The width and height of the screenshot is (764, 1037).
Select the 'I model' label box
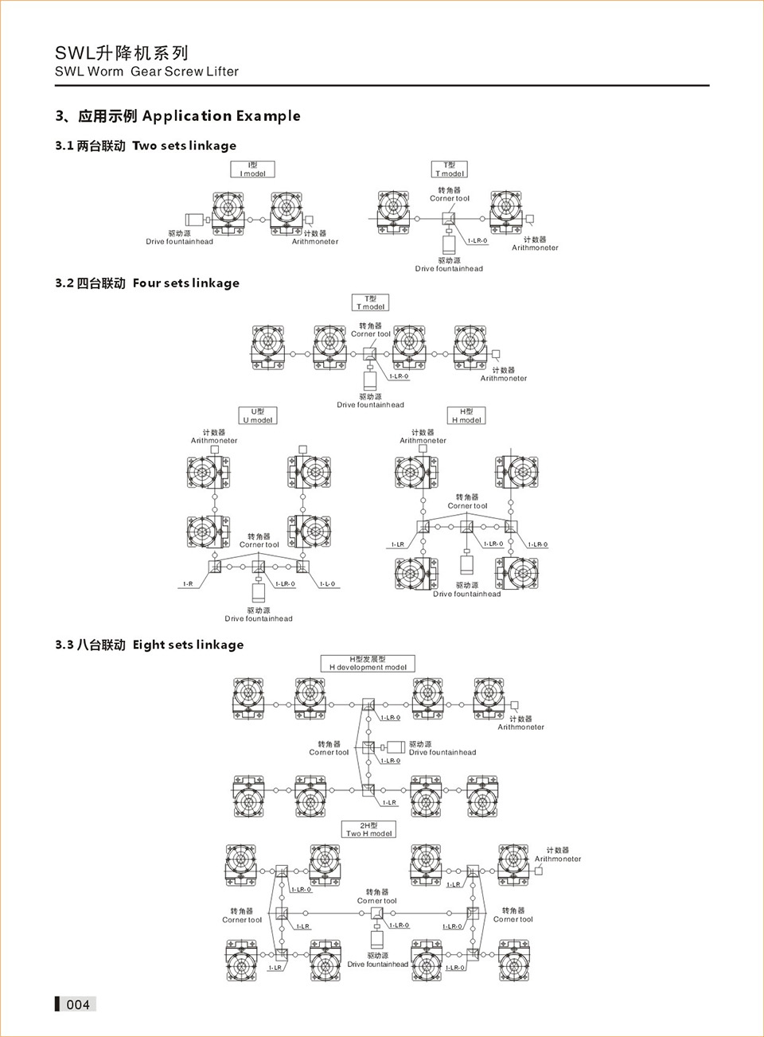pos(252,170)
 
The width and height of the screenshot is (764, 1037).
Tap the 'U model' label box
pos(258,415)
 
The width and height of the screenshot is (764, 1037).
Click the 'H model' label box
pos(466,415)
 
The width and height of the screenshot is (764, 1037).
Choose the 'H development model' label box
pos(368,663)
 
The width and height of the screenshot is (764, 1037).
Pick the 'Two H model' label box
pos(368,829)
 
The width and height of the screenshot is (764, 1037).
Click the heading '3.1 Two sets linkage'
pos(146,146)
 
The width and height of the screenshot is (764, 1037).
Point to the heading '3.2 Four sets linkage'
pos(147,283)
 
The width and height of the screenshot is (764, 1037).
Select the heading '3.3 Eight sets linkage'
pos(150,645)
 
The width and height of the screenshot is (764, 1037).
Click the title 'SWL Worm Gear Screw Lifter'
pos(146,72)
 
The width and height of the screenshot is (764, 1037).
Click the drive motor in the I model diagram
pos(194,220)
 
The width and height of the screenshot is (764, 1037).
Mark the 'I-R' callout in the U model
pos(188,584)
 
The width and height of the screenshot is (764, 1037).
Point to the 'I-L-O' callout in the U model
pos(327,584)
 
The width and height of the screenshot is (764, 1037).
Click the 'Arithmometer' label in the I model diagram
pos(315,242)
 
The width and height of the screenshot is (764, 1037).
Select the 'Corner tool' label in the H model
pos(467,505)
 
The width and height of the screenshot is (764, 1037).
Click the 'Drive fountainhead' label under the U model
pos(259,618)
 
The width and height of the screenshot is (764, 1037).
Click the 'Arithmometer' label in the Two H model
pos(558,859)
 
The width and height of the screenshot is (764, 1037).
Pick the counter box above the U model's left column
pos(214,450)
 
